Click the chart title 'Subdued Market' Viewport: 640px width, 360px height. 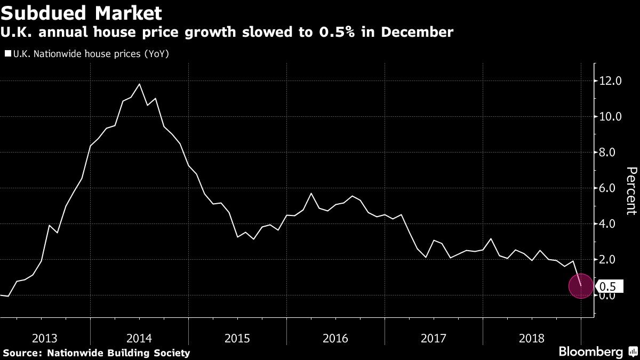[82, 12]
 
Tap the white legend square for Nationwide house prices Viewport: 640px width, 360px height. [7, 54]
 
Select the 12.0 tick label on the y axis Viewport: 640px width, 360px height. [611, 81]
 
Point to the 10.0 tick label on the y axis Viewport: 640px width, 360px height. [611, 117]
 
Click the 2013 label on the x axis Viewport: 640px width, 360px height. [45, 338]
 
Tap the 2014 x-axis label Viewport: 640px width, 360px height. [139, 338]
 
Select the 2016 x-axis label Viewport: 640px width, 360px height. [335, 338]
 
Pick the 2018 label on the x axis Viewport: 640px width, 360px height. [532, 338]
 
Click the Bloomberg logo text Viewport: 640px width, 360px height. [590, 352]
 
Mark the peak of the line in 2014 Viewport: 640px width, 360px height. [139, 84]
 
